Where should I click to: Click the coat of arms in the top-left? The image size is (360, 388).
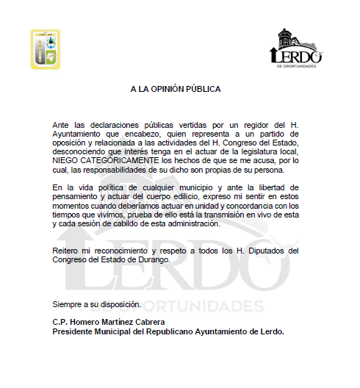coord(46,49)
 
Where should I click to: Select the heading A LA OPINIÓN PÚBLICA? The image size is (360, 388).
coord(176,89)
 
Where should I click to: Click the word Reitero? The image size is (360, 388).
coord(66,251)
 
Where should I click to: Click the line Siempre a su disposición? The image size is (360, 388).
coord(96,303)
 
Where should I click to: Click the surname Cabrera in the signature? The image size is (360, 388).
coord(148,323)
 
